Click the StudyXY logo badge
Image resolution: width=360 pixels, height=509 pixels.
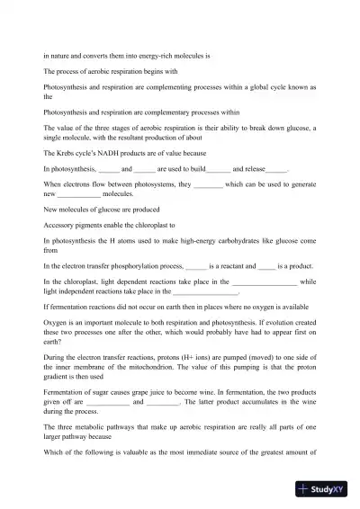[x=325, y=489]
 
